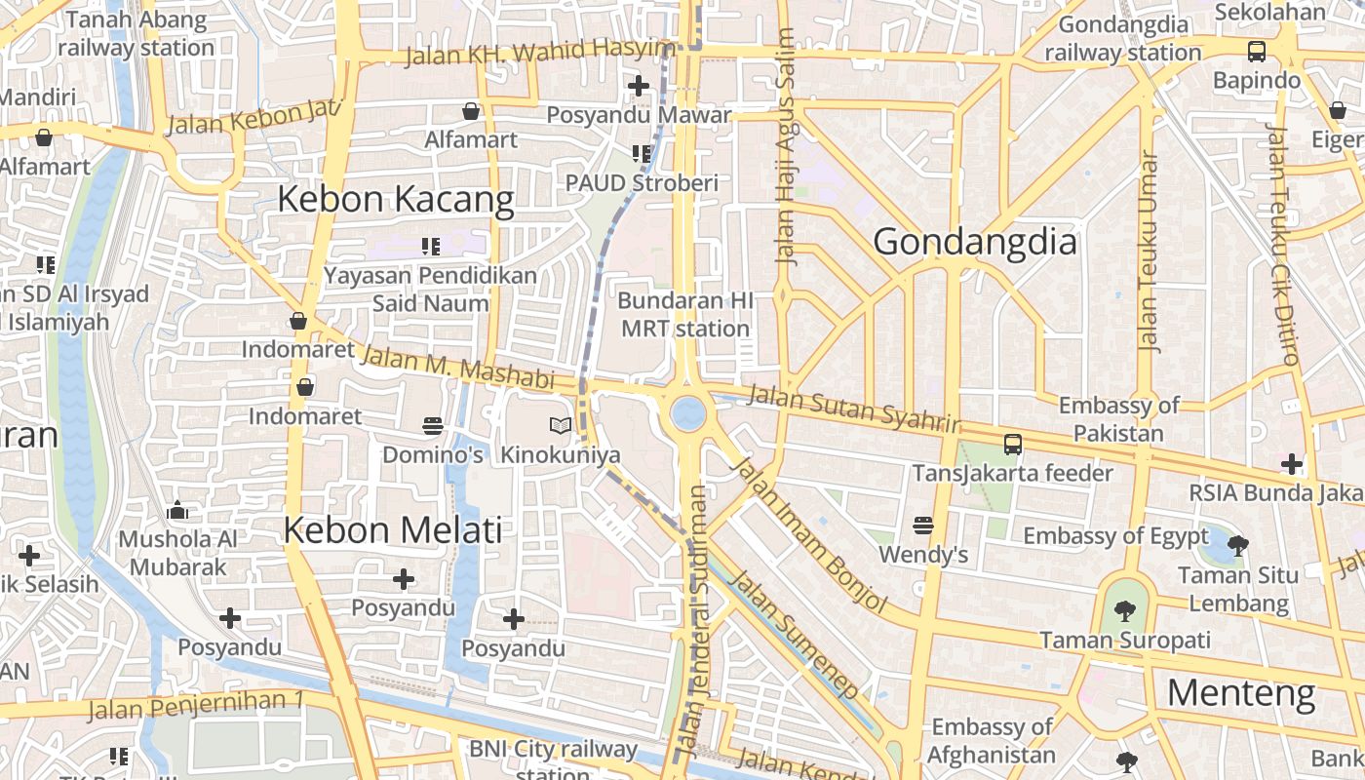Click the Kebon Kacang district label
point(395,199)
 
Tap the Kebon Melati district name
point(392,529)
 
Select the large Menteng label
point(1240,693)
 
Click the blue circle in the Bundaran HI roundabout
point(688,413)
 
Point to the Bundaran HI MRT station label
point(685,314)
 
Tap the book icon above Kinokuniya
point(561,425)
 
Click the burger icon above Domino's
point(433,425)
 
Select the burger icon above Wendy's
point(923,526)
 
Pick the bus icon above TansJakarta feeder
point(1013,445)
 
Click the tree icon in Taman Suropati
point(1125,611)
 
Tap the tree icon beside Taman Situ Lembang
point(1238,545)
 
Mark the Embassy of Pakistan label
point(1118,419)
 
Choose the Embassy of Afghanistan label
point(992,741)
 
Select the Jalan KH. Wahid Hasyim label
point(539,53)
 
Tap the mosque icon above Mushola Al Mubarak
point(177,510)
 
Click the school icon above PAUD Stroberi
point(642,153)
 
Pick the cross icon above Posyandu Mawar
point(639,86)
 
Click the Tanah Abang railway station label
point(136,33)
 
